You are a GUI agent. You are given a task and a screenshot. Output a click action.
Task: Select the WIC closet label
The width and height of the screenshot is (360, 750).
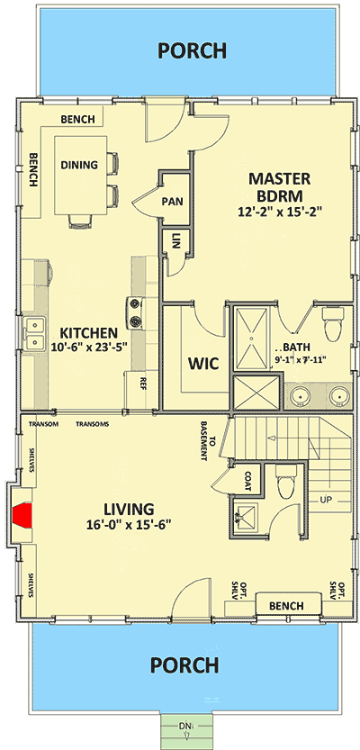tap(199, 365)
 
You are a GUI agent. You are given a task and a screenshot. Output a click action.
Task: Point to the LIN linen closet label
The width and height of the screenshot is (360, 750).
tap(174, 241)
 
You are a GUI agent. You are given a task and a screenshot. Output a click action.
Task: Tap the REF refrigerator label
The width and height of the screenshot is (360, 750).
tap(143, 383)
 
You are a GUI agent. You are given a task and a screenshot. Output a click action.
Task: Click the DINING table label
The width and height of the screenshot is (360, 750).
tap(79, 165)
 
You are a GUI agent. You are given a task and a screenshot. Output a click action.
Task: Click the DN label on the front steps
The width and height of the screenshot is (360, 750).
tap(184, 725)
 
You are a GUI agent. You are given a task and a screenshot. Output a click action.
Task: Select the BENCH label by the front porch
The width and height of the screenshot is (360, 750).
tap(286, 605)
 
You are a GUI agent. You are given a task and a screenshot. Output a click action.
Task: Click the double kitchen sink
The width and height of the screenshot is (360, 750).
tap(34, 332)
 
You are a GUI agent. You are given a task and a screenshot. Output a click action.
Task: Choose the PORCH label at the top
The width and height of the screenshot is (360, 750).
tap(191, 50)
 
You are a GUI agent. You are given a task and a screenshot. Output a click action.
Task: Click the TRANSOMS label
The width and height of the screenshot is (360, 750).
tap(93, 424)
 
